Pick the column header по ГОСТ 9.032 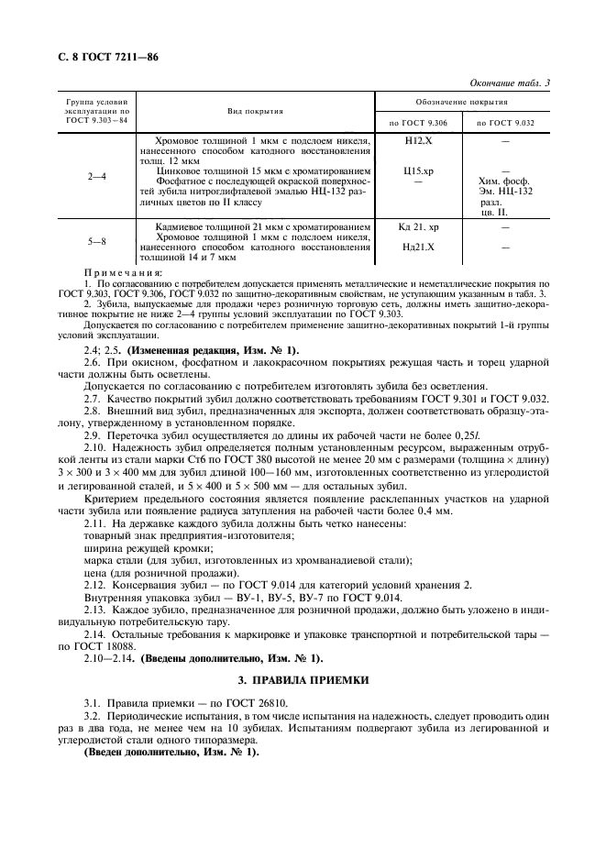click(505, 122)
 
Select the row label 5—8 click(95, 241)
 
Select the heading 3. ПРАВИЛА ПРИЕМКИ click(303, 679)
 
